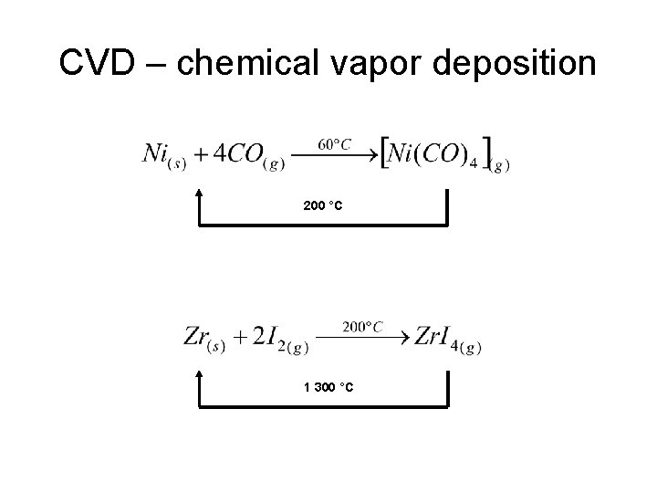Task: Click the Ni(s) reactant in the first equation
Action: pyautogui.click(x=164, y=153)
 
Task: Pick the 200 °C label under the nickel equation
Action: pyautogui.click(x=323, y=207)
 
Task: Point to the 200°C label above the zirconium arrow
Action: pyautogui.click(x=362, y=326)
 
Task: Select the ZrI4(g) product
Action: pyautogui.click(x=446, y=337)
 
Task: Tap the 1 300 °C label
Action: pyautogui.click(x=328, y=389)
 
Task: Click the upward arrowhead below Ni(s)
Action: pyautogui.click(x=198, y=194)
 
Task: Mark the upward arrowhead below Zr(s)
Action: pyautogui.click(x=198, y=375)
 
